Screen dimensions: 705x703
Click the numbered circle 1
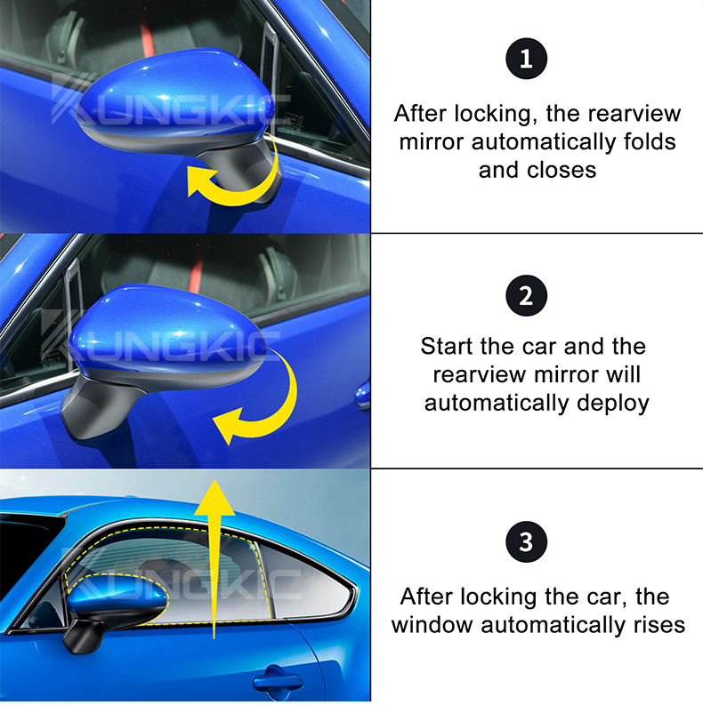(x=526, y=60)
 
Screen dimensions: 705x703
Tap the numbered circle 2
(x=526, y=294)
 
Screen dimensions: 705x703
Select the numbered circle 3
(x=526, y=541)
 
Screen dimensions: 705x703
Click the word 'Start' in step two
(x=453, y=346)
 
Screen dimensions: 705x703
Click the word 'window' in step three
(x=432, y=624)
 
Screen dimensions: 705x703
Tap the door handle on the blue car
(x=277, y=684)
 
